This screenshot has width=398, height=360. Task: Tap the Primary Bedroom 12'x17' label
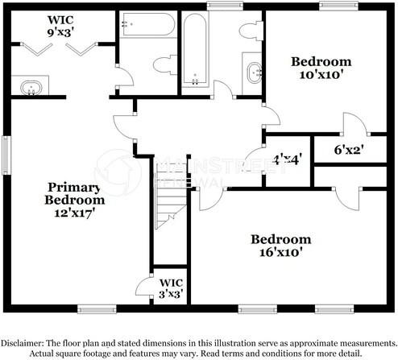pos(74,201)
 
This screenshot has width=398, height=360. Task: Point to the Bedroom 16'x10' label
pos(280,246)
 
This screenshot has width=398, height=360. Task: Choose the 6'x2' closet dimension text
pos(349,150)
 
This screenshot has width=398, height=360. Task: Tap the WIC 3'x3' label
pos(171,288)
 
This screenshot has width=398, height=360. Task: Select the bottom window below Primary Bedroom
pos(97,308)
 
